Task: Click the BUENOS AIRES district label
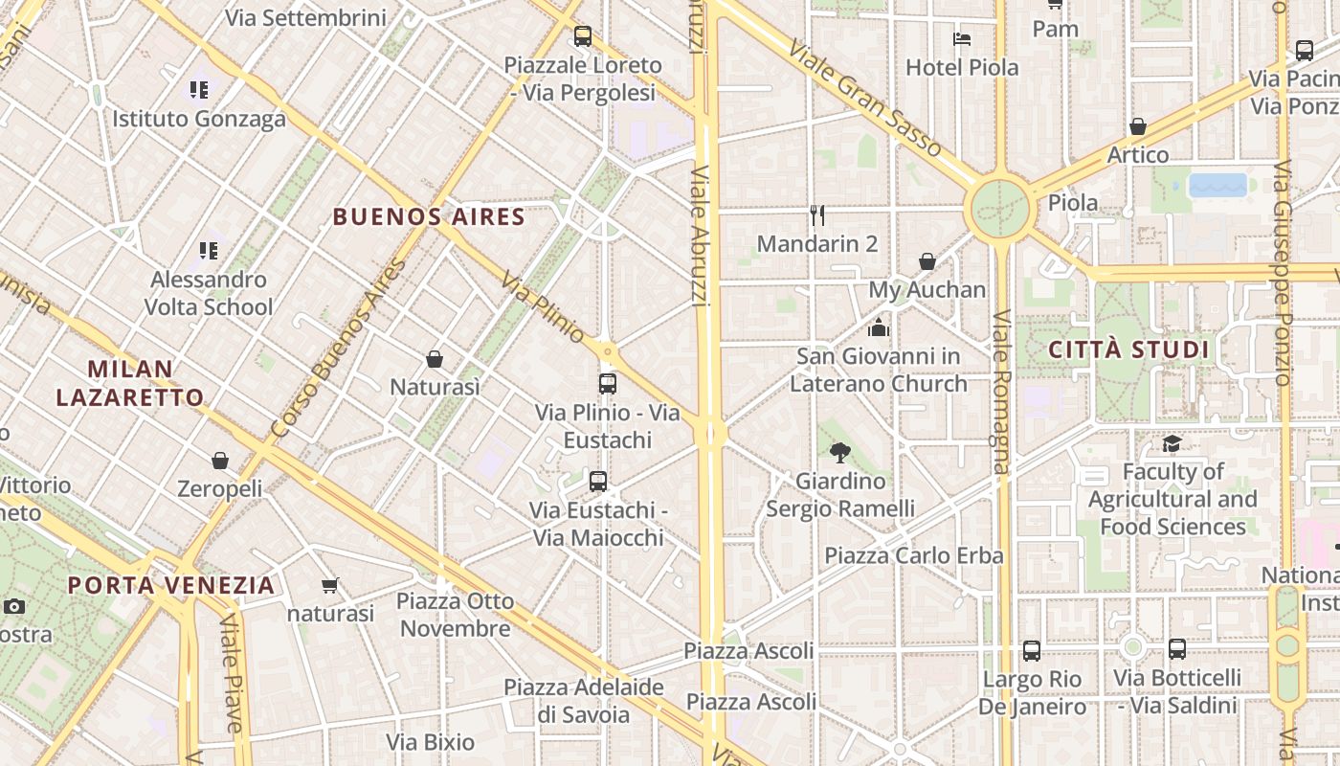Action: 429,217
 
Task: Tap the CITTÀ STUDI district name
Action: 1129,349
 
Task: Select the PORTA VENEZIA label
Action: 171,585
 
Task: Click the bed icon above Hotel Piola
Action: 962,39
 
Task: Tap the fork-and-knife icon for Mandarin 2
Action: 816,214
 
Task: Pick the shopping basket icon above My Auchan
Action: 927,261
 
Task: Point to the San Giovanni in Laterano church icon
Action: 878,327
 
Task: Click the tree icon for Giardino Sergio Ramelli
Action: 840,452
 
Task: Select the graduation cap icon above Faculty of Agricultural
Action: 1172,443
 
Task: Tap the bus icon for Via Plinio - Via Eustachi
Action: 607,384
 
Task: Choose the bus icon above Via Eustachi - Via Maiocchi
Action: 598,482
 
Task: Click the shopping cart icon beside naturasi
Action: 330,585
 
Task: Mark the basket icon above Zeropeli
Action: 220,461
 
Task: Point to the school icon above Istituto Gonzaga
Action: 198,90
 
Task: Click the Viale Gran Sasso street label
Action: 865,99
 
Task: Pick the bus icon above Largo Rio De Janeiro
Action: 1032,651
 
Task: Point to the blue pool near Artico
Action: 1217,185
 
